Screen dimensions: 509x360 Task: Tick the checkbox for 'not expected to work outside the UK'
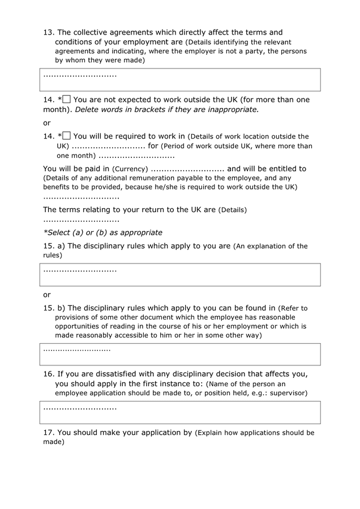(67, 100)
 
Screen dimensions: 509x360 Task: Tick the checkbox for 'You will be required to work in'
(67, 136)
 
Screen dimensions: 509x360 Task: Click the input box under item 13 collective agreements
(180, 80)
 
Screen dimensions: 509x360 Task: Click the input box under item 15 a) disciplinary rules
(180, 274)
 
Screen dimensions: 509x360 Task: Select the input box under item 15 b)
(180, 354)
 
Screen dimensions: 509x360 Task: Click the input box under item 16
(180, 412)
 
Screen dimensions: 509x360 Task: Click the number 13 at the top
(48, 32)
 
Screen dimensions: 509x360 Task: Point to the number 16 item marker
(48, 374)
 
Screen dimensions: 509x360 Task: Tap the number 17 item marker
(48, 433)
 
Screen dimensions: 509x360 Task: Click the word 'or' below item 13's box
(47, 123)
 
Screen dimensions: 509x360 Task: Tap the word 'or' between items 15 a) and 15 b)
(47, 295)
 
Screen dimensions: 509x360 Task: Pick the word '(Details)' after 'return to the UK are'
(233, 210)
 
